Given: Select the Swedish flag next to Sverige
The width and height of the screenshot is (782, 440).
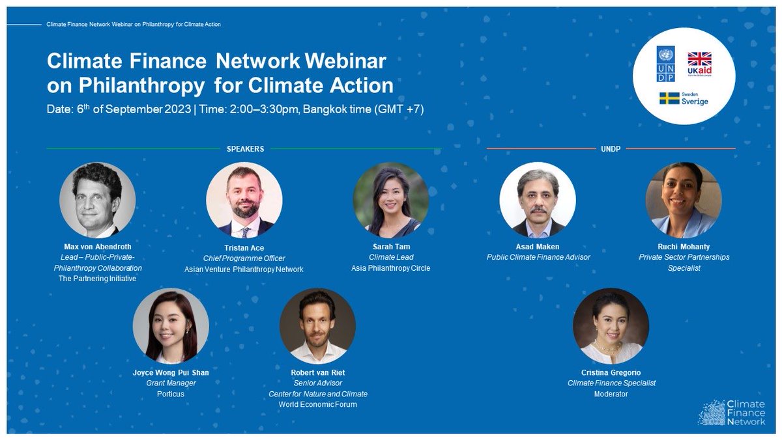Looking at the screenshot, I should pyautogui.click(x=670, y=98).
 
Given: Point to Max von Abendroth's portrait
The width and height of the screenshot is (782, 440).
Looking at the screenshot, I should pyautogui.click(x=97, y=200).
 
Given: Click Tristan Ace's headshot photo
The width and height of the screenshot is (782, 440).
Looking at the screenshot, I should pyautogui.click(x=244, y=200).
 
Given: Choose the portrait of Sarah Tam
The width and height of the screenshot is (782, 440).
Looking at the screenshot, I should pyautogui.click(x=390, y=200).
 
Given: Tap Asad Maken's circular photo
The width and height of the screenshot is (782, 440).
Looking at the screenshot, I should pyautogui.click(x=538, y=200).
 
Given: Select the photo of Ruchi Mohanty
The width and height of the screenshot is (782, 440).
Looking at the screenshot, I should pyautogui.click(x=684, y=200).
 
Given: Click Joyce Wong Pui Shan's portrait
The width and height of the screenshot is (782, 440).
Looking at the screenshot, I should pyautogui.click(x=171, y=325).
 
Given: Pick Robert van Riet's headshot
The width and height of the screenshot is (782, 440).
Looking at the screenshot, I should pyautogui.click(x=317, y=325).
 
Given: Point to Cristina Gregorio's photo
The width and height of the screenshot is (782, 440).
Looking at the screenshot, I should pyautogui.click(x=611, y=325).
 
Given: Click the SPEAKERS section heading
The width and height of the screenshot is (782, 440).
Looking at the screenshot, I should pyautogui.click(x=245, y=149).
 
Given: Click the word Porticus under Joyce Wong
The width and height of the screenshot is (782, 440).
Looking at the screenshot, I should pyautogui.click(x=171, y=394).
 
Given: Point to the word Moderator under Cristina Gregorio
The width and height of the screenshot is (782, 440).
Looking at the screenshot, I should pyautogui.click(x=611, y=394).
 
